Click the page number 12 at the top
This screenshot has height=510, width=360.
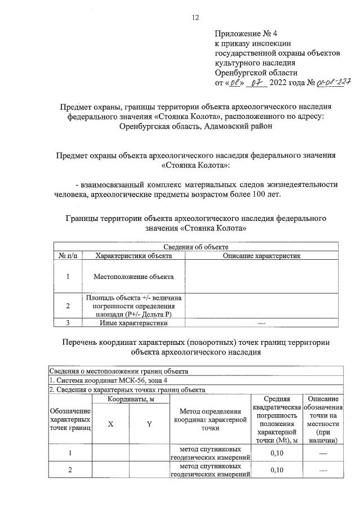tap(196, 17)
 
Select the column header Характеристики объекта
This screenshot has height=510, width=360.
tap(134, 256)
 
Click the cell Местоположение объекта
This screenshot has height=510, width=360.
tap(134, 277)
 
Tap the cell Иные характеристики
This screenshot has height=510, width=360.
tap(134, 323)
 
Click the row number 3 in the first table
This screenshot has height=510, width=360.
tap(68, 323)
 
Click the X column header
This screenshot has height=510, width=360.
tap(111, 425)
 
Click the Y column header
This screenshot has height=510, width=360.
tap(149, 425)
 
